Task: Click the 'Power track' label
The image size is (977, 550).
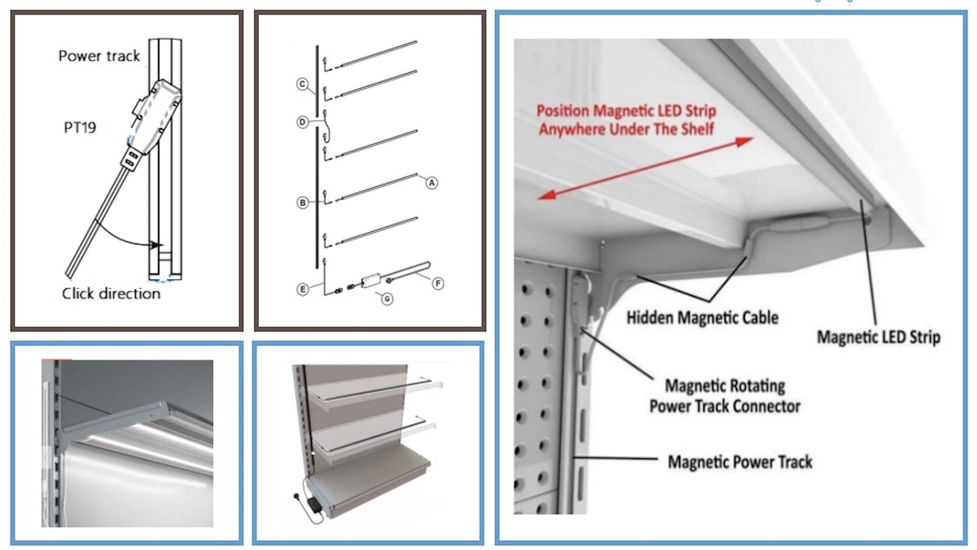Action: point(99,56)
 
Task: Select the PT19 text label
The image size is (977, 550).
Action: point(80,127)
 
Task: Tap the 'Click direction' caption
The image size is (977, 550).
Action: point(111,294)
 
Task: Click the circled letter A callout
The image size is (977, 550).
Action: point(431,182)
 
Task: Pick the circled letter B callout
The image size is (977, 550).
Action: point(303,202)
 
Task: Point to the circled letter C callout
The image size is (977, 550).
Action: point(303,85)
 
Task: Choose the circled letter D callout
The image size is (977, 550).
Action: point(303,122)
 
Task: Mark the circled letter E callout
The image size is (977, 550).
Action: point(303,289)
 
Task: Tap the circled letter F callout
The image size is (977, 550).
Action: point(437,283)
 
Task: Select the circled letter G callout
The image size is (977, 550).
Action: point(387,298)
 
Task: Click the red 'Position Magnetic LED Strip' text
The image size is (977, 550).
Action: point(626,119)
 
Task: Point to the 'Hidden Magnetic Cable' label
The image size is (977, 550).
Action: point(702,317)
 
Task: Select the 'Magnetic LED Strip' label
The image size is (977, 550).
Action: point(878,336)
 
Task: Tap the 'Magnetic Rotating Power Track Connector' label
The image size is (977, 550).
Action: point(725,396)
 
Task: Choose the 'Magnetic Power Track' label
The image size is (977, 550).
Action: point(740,462)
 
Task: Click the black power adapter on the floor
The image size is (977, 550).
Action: point(314,505)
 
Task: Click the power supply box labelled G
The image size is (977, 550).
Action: point(371,280)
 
